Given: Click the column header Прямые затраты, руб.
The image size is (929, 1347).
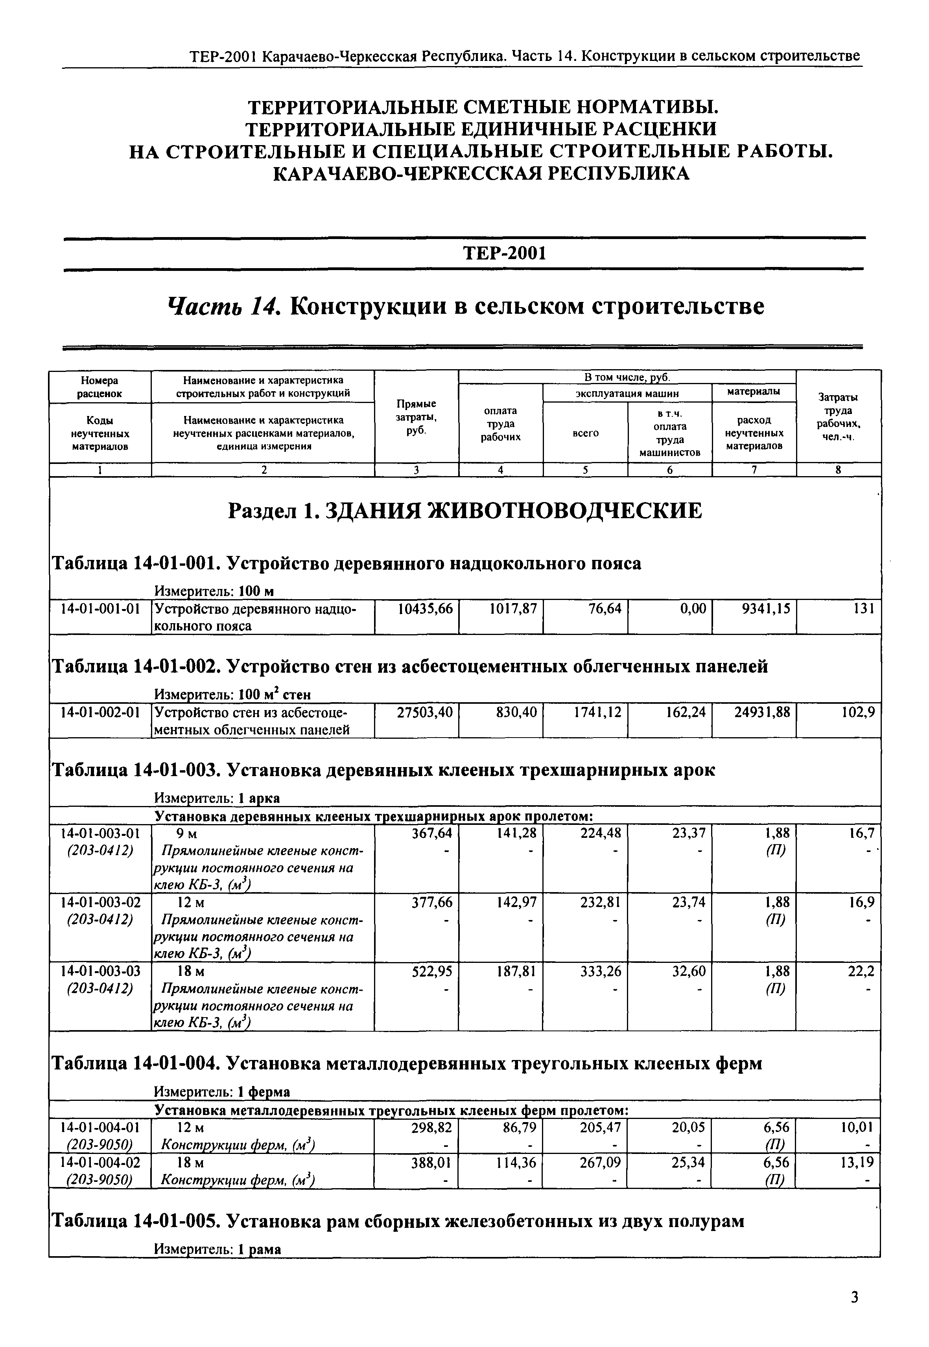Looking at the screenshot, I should [x=416, y=417].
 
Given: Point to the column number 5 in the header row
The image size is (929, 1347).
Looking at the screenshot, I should [x=585, y=470].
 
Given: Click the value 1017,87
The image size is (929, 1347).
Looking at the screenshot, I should [x=511, y=609].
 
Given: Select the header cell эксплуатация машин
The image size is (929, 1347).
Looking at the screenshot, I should [x=627, y=393].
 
